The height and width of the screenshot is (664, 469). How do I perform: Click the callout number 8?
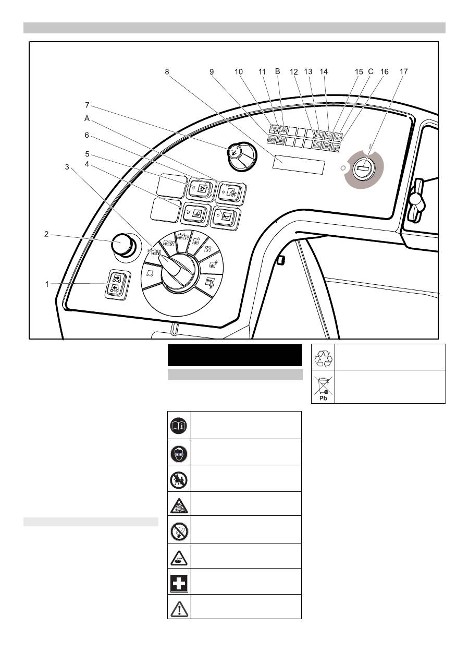coord(167,73)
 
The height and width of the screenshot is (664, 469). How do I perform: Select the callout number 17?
coord(404,73)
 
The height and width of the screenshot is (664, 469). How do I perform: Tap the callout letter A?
coord(87,118)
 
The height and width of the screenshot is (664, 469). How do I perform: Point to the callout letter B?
coord(278,73)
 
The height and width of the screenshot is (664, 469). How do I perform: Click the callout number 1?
coord(47,284)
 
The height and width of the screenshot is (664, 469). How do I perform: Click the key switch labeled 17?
coord(364,168)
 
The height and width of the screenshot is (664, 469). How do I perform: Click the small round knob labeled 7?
coord(236,153)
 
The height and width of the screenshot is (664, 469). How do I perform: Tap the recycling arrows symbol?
coord(324,358)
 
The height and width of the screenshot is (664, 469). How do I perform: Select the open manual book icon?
coord(179,426)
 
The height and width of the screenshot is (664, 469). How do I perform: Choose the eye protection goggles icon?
coord(179,453)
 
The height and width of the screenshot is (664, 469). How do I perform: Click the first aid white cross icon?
coord(179,582)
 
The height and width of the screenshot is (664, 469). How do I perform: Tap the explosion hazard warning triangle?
coord(179,504)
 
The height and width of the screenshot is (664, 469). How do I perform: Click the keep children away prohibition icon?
coord(179,479)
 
